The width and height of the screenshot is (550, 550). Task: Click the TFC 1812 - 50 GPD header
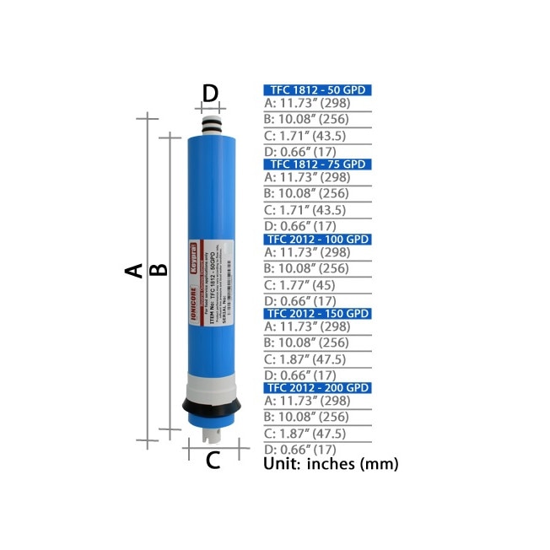(317, 90)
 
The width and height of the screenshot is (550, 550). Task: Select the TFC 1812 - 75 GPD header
(317, 164)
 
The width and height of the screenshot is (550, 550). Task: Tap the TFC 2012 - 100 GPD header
(317, 240)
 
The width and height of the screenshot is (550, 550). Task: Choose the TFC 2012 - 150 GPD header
(317, 313)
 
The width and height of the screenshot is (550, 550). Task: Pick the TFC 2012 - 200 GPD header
(317, 387)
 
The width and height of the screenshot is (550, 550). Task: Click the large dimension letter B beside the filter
(159, 270)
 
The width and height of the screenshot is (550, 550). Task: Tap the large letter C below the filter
(213, 461)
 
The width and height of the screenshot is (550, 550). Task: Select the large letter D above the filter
(211, 92)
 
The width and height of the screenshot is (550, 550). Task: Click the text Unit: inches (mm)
(330, 464)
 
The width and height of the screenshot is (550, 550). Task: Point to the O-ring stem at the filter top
(212, 127)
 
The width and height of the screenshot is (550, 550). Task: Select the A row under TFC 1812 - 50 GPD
(307, 104)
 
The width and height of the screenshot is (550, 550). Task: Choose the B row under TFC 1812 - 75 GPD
(307, 194)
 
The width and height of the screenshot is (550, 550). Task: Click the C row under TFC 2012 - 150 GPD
(307, 359)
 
